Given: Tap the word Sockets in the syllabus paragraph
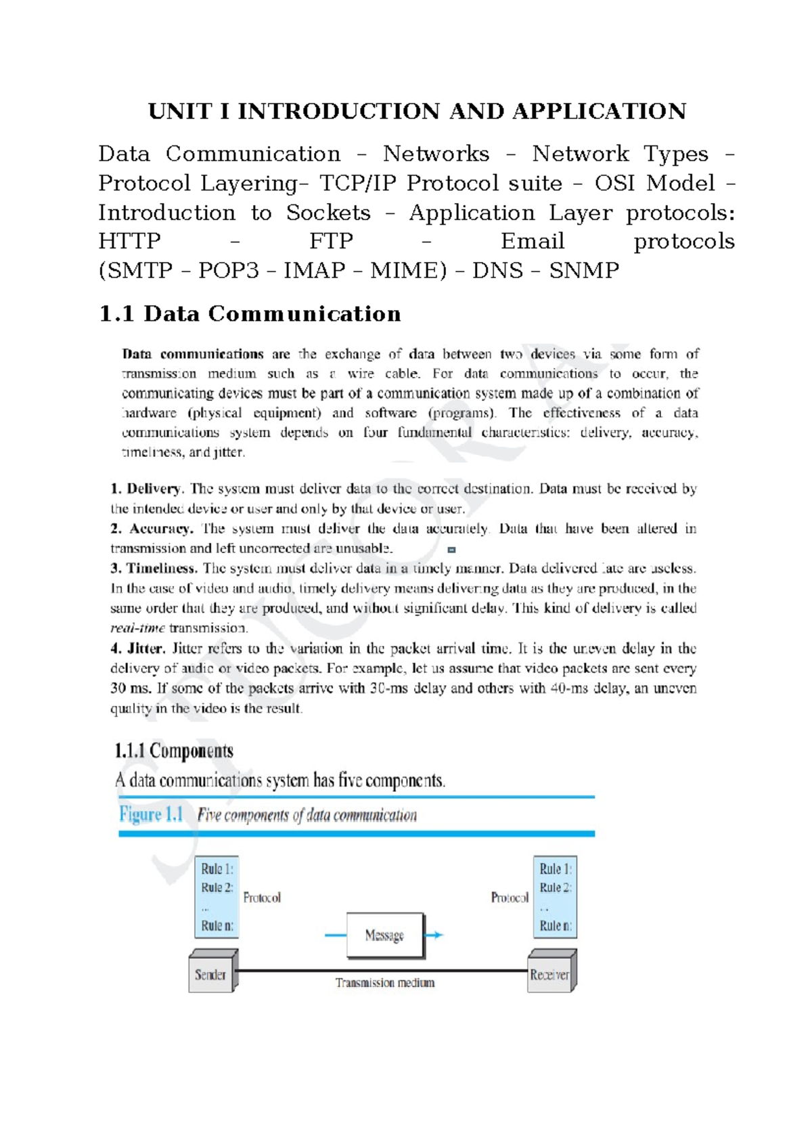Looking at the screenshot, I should tap(328, 213).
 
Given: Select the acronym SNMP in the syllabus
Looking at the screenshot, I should tap(583, 271).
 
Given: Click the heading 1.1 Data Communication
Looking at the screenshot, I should tap(250, 314).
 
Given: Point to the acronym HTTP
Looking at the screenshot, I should tap(129, 242).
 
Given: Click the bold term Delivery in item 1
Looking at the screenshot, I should tap(154, 489).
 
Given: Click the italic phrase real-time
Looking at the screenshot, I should tap(137, 628).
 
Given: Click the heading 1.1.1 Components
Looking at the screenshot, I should tap(174, 751).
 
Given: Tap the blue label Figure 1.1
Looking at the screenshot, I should tap(151, 814).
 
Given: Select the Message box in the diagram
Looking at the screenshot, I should tap(384, 935).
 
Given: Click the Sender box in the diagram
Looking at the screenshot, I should tap(210, 975).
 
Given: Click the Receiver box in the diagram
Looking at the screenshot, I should tap(549, 975).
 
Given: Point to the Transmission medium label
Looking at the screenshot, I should tap(385, 983).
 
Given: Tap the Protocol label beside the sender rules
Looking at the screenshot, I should tap(262, 898).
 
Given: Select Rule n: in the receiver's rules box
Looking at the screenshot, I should tap(556, 925).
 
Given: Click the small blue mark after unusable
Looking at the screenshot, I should tap(451, 550).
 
